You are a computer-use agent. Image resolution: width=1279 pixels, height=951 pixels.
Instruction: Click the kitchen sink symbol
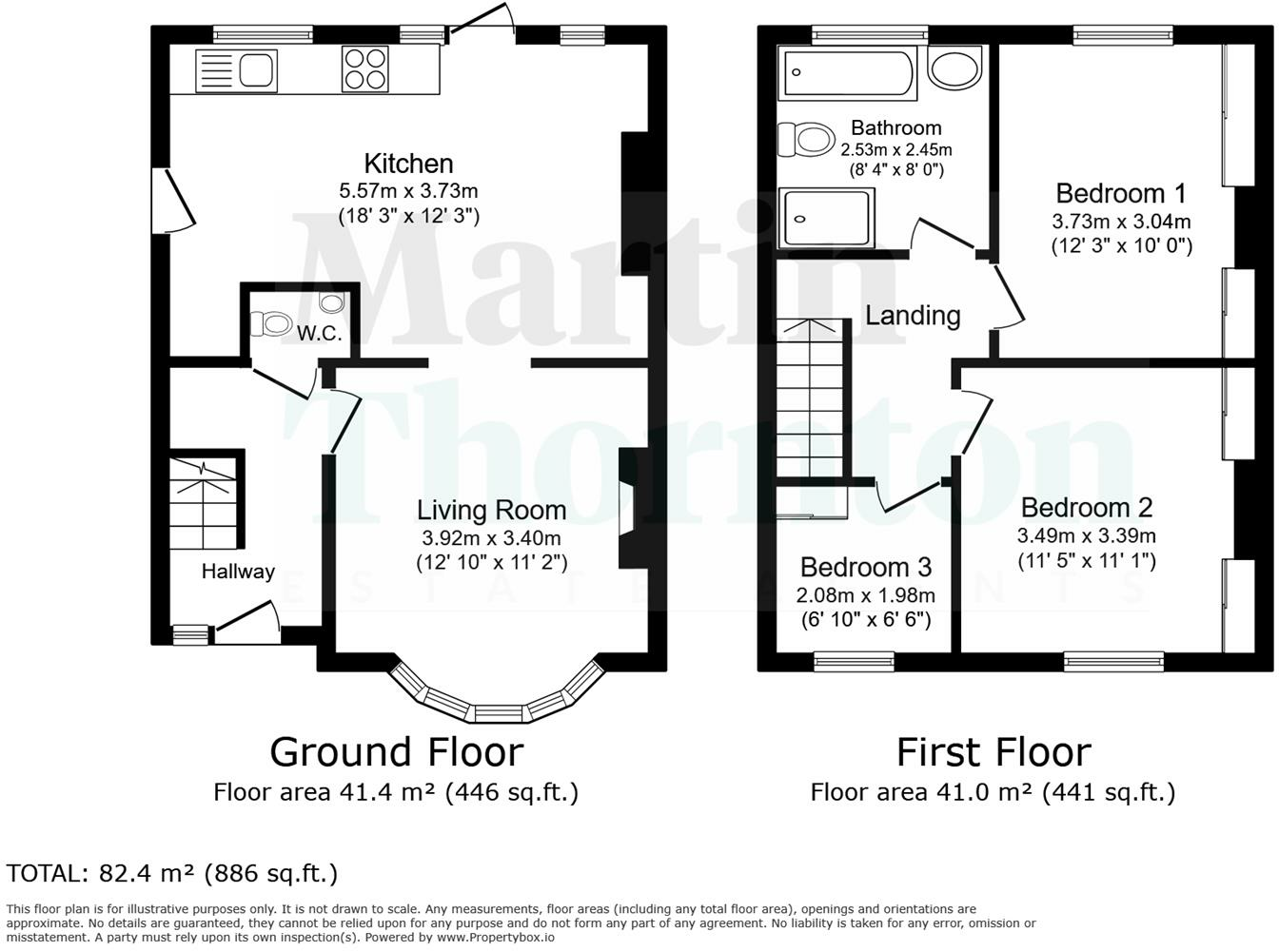pos(235,70)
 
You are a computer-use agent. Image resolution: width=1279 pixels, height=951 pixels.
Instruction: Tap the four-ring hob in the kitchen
pos(365,68)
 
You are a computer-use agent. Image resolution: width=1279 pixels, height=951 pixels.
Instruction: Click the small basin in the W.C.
pos(331,303)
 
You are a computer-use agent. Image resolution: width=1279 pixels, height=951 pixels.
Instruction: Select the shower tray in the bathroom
pos(825,218)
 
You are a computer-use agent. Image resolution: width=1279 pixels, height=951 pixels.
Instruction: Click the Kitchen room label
pos(409,163)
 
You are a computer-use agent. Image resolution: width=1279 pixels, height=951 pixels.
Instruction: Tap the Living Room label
pos(492,510)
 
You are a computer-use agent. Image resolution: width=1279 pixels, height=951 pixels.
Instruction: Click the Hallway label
pos(238,572)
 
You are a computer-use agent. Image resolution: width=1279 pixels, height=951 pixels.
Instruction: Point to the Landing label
pos(912,315)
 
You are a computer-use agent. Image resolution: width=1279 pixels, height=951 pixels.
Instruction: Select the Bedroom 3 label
pos(865,568)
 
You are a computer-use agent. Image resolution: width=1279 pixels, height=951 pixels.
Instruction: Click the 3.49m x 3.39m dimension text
pos(1087,535)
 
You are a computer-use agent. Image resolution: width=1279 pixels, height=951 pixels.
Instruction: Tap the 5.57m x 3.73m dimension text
pos(409,190)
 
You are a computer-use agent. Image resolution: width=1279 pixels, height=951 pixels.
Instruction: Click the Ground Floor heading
pos(397,751)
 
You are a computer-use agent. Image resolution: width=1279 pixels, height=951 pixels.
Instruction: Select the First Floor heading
pos(994,751)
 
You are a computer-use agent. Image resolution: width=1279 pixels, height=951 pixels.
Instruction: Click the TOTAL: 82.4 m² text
pos(172,873)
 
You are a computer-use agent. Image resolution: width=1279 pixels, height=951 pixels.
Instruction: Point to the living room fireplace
pos(627,509)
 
